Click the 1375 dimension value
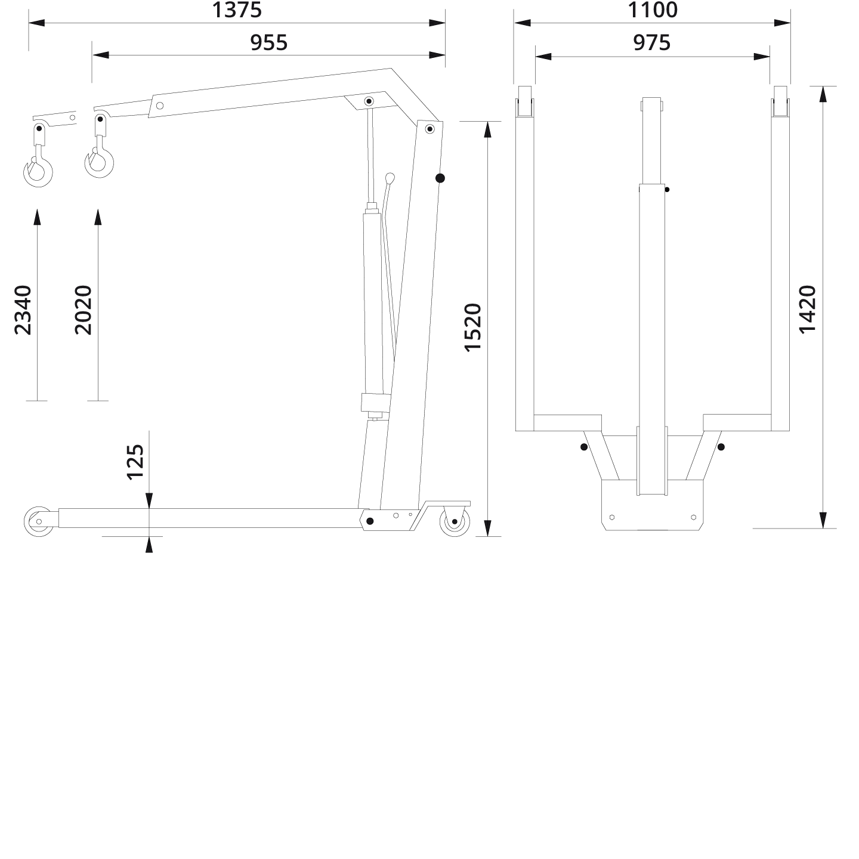[x=237, y=10]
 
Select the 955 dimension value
[x=268, y=43]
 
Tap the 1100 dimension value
[x=653, y=10]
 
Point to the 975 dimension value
[x=652, y=43]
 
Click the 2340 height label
[x=23, y=310]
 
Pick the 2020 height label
[x=84, y=310]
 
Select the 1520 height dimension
[x=472, y=327]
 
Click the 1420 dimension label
[x=807, y=309]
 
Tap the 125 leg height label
[x=135, y=461]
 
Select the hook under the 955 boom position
[x=99, y=163]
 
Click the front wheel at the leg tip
[x=38, y=521]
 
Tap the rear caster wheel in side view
[x=455, y=521]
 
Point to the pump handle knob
[x=390, y=178]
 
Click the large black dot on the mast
[x=440, y=178]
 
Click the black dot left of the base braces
[x=583, y=447]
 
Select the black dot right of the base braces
[x=721, y=447]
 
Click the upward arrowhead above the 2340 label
[x=37, y=217]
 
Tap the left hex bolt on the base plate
[x=612, y=517]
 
